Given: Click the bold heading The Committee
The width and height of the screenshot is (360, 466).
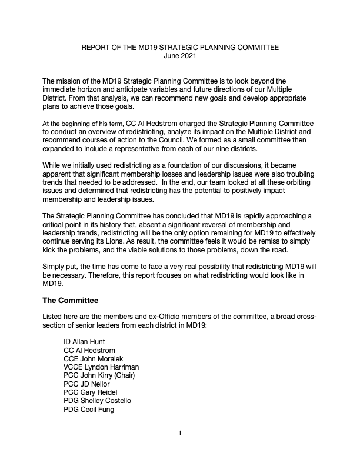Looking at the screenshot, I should (71, 300).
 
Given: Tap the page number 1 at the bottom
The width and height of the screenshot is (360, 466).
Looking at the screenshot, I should (180, 434).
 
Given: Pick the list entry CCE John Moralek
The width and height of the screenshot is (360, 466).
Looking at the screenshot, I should (94, 358).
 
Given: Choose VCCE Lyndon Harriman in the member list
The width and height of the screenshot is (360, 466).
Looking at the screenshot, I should (101, 367).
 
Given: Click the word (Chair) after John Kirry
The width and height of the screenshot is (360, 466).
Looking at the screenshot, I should (133, 375).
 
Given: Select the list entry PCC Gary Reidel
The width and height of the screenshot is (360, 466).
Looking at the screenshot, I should (92, 392).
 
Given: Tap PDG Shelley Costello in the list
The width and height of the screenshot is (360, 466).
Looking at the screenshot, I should (97, 401).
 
